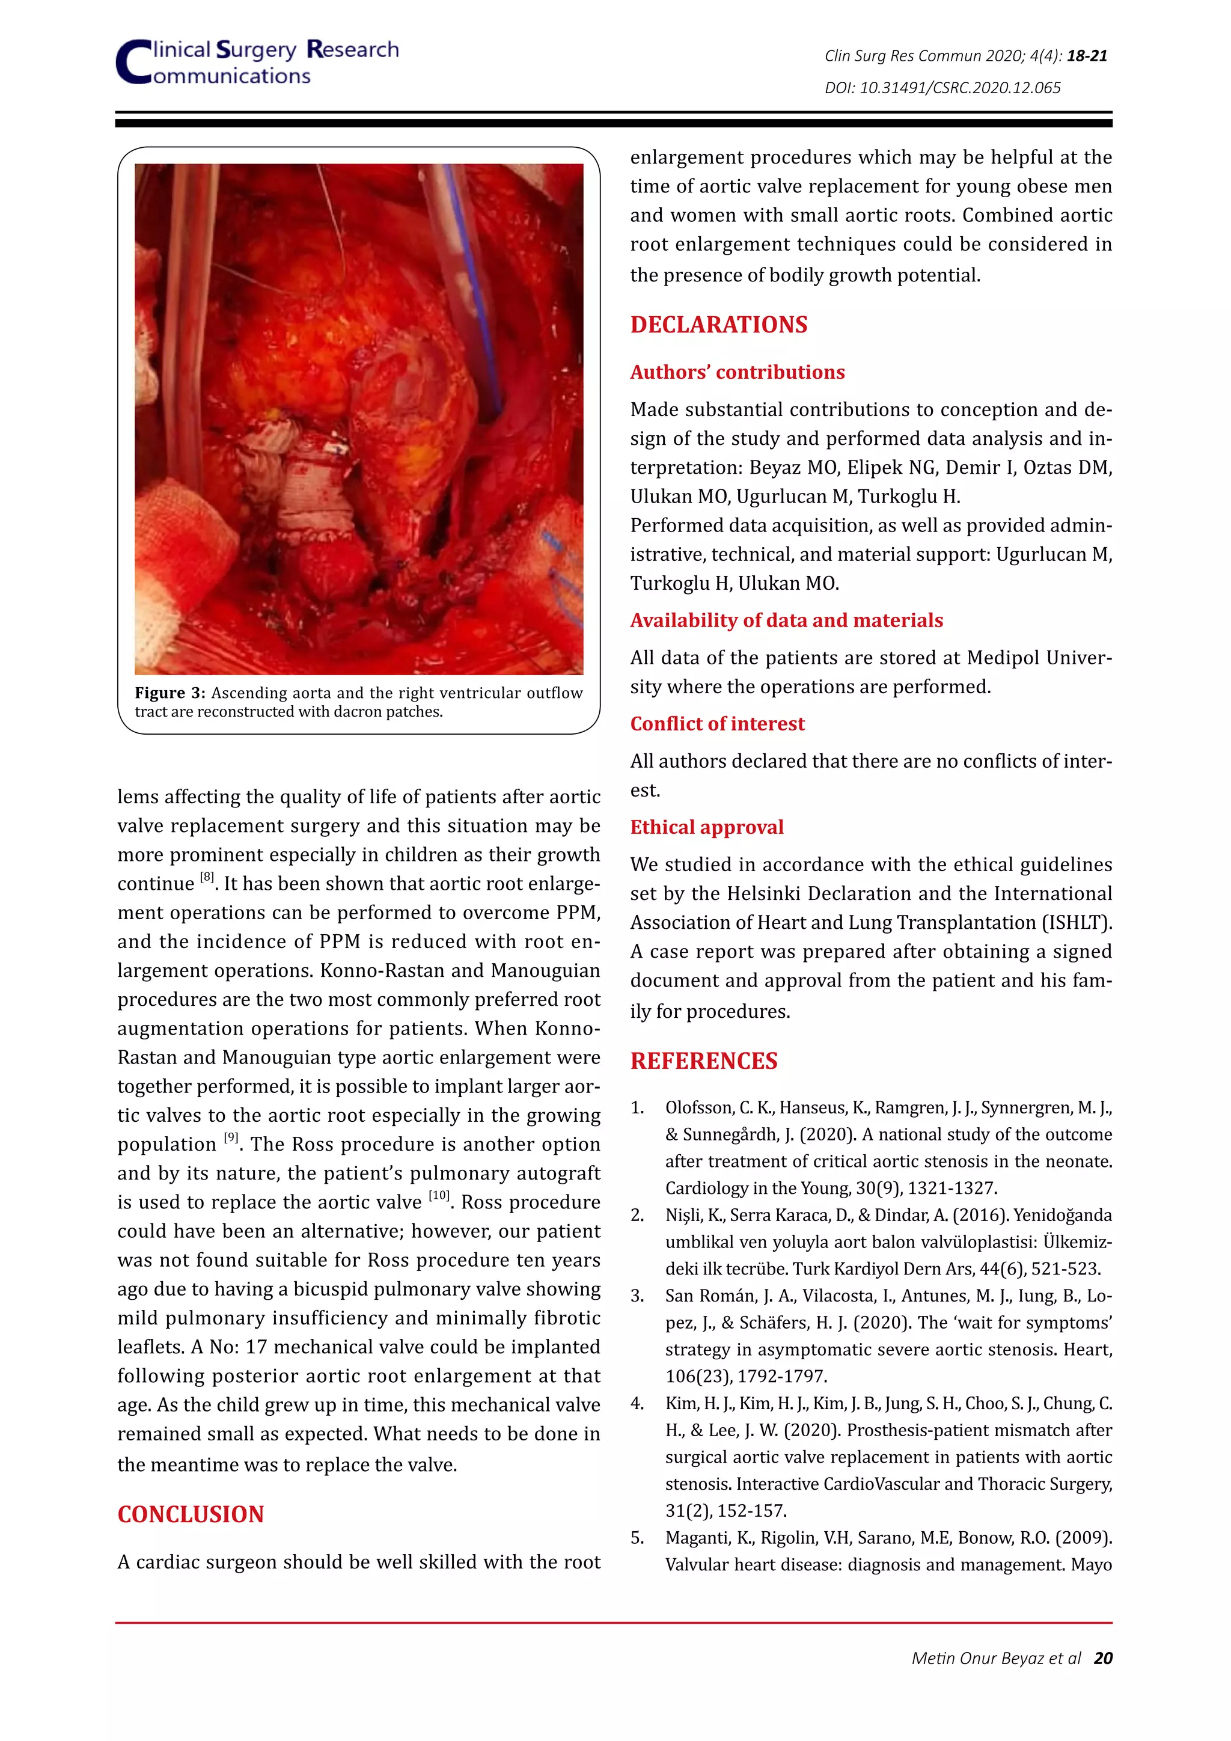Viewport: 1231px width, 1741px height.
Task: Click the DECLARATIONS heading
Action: pos(719,325)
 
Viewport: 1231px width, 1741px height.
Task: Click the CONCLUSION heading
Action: pos(191,1514)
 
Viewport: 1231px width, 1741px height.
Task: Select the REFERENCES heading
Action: pos(703,1061)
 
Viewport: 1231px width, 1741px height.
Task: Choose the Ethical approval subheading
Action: pos(706,827)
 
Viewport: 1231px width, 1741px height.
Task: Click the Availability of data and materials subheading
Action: pos(786,620)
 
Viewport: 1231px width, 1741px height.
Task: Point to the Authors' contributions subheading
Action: pos(737,372)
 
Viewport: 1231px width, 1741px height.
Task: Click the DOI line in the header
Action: pos(942,88)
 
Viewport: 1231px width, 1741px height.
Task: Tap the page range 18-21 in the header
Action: pos(1087,56)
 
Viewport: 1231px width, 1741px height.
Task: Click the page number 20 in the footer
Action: pos(1103,1659)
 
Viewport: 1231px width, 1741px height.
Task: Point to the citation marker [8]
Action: pos(207,877)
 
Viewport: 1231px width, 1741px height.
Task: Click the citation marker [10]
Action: pos(438,1196)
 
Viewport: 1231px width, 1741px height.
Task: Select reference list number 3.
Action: pos(638,1296)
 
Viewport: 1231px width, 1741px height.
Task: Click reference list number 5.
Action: pos(638,1538)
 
